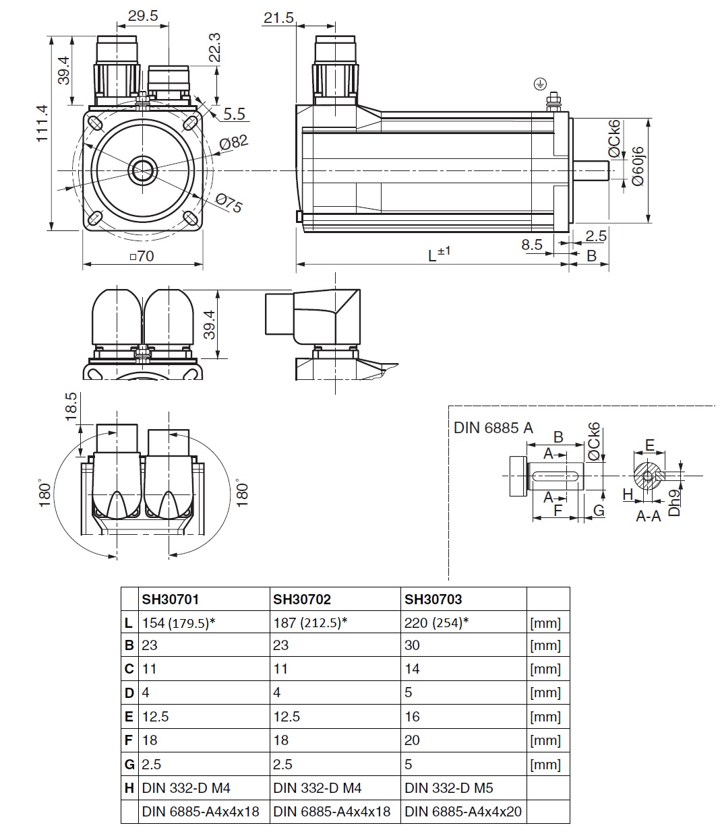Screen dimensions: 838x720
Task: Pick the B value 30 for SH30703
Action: click(x=412, y=645)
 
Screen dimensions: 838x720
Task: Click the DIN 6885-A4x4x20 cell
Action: click(x=463, y=812)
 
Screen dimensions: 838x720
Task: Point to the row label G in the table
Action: click(x=129, y=765)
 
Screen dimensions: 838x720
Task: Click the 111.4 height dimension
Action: click(x=42, y=123)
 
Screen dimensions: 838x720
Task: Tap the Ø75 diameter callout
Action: click(x=229, y=203)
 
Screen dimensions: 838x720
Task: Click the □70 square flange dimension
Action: click(x=142, y=256)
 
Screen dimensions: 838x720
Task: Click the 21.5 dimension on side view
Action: click(x=278, y=18)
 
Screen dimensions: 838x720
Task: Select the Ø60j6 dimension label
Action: click(x=638, y=166)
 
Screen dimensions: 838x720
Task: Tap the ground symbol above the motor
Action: click(x=539, y=84)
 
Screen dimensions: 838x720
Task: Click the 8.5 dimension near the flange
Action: click(x=532, y=245)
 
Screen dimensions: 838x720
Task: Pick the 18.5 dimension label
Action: click(x=71, y=407)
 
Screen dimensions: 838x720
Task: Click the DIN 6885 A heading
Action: click(x=493, y=427)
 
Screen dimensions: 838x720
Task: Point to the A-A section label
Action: click(x=648, y=516)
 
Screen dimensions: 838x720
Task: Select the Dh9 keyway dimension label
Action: click(x=673, y=502)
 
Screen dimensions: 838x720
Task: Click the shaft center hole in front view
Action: click(x=143, y=170)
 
